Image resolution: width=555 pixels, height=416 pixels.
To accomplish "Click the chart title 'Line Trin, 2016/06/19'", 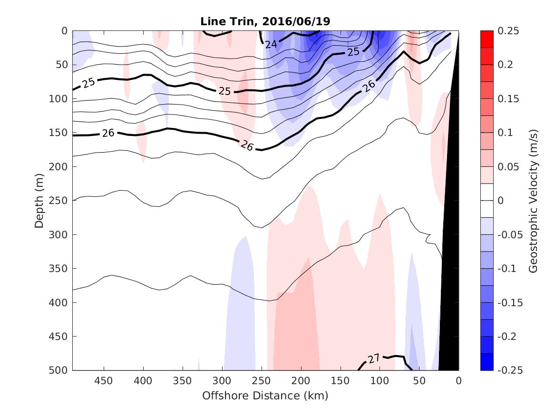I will (x=265, y=21).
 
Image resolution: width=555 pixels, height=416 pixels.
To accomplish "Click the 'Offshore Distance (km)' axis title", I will (x=265, y=396).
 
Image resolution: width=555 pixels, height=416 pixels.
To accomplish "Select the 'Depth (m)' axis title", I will (x=39, y=201).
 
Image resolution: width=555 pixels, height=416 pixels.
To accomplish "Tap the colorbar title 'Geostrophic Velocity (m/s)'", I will (x=533, y=201).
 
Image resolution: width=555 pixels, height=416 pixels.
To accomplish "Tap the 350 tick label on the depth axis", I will (x=59, y=269).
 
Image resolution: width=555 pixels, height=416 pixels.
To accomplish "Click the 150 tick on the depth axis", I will (x=59, y=133).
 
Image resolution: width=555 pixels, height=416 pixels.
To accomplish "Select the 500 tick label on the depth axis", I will (x=59, y=370).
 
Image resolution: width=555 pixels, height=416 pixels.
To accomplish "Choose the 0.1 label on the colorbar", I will (x=506, y=133).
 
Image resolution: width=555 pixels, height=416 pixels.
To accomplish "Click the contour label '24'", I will (x=271, y=45).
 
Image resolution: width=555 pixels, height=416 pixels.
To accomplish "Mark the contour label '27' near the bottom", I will (x=374, y=358).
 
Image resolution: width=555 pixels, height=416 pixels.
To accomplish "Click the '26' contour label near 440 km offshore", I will (x=108, y=133).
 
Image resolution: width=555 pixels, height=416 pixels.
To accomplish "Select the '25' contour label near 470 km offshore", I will (x=88, y=83).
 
